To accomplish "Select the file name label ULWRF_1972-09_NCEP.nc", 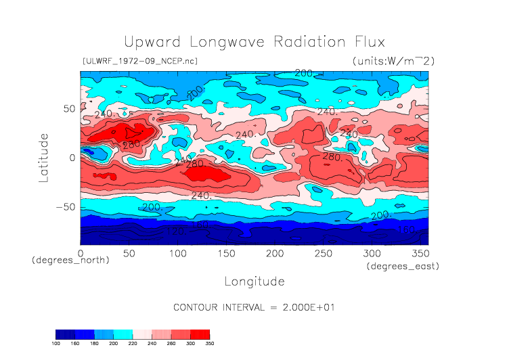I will (x=139, y=62).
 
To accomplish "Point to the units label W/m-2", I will (x=393, y=62).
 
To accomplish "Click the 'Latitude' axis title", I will (x=43, y=157).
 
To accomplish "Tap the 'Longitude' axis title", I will (x=254, y=281).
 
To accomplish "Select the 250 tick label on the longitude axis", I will (x=322, y=253).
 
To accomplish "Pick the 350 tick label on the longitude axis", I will (x=420, y=253).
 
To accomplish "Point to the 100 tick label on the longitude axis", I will (x=177, y=253).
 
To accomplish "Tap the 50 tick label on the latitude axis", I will (x=68, y=108).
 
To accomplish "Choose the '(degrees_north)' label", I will (x=70, y=260).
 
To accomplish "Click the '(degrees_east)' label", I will (x=403, y=267).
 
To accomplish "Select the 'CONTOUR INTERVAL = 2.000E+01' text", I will (x=255, y=307).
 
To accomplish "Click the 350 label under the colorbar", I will (x=210, y=344).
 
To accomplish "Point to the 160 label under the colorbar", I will (x=75, y=344).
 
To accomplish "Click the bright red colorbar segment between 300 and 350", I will (x=200, y=334).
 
